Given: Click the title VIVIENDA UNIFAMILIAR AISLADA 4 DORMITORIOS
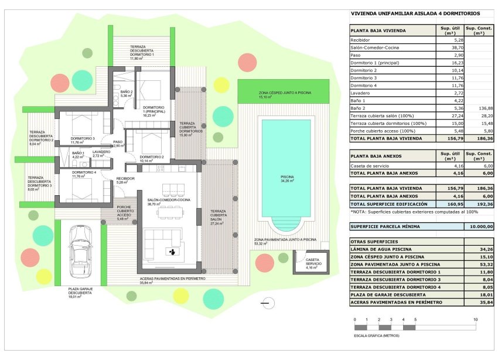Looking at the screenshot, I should coord(415,13).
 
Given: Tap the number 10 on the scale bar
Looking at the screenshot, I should coord(475,320).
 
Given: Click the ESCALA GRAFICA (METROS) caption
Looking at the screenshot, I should coord(377,336).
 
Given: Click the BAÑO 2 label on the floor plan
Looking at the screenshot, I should coord(127,93).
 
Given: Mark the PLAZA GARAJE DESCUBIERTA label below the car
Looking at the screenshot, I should coord(79,291).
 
